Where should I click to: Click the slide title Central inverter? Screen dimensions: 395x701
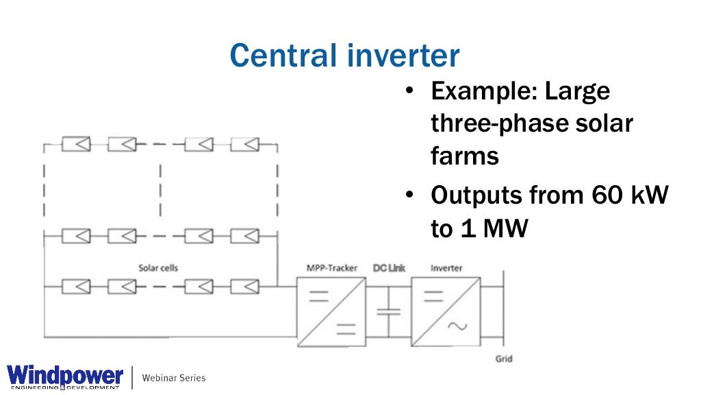coord(344,54)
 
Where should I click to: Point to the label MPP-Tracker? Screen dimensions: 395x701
coord(331,267)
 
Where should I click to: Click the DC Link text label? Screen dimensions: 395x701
coord(389,267)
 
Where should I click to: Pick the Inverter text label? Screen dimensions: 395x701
coord(446,267)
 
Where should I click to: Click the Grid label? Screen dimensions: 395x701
coord(504,359)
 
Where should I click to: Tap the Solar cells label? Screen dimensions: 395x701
coord(158,267)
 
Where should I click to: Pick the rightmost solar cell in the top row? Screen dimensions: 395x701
coord(244,145)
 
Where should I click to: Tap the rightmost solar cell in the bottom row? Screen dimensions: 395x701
coord(244,285)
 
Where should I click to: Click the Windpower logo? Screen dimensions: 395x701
coord(65,376)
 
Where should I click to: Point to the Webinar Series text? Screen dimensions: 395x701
coord(173,378)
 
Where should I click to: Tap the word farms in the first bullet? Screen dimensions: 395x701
coord(465,156)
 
